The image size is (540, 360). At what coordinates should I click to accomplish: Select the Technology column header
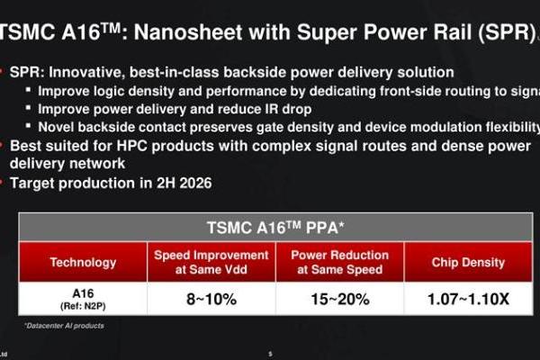[83, 263]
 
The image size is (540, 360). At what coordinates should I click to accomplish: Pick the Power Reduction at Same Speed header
[339, 263]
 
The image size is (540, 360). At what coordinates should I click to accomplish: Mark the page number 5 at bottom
[270, 354]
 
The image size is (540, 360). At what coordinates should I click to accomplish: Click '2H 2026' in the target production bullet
[185, 181]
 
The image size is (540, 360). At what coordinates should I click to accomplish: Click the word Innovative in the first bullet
[81, 71]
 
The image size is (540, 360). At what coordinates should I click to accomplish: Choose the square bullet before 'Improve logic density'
[31, 91]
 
